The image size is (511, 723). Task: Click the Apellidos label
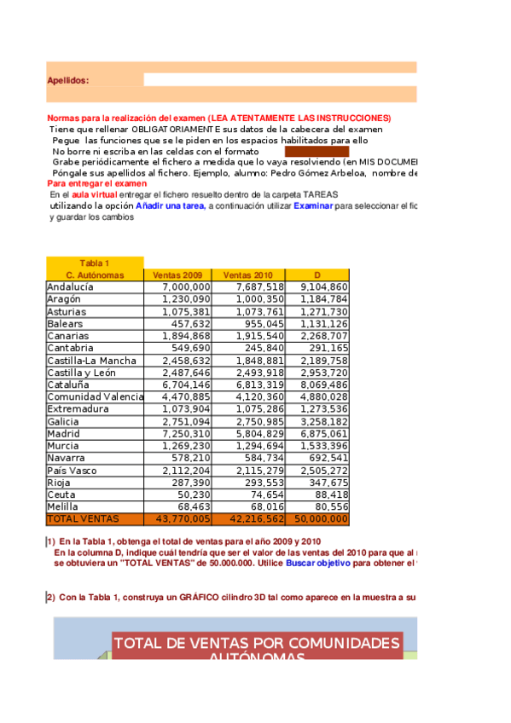pyautogui.click(x=68, y=80)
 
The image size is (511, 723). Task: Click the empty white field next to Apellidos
pyautogui.click(x=280, y=80)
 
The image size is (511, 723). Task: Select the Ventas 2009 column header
pyautogui.click(x=177, y=275)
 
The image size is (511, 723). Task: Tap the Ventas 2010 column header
pyautogui.click(x=247, y=275)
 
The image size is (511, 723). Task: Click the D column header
pyautogui.click(x=316, y=275)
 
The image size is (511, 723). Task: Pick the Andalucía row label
pyautogui.click(x=70, y=287)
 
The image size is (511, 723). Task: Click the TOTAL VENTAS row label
pyautogui.click(x=82, y=518)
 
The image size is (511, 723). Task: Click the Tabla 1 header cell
pyautogui.click(x=95, y=263)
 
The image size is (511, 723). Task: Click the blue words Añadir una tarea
pyautogui.click(x=170, y=205)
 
